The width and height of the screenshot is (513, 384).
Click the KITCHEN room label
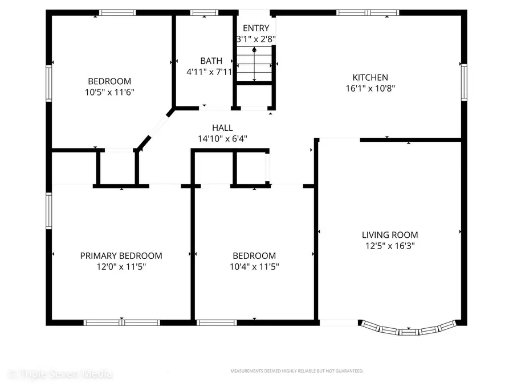(370, 77)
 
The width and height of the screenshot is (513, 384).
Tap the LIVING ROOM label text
(390, 234)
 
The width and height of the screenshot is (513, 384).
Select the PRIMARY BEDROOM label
(121, 255)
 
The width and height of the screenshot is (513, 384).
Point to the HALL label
(222, 128)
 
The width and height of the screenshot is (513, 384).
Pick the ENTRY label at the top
(256, 28)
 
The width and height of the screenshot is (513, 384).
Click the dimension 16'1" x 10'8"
(370, 88)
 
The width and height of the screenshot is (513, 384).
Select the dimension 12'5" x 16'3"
(390, 246)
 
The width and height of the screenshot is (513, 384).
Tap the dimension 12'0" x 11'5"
(121, 266)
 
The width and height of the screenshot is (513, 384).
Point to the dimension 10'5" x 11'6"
(109, 92)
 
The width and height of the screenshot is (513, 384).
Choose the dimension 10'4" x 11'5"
(254, 266)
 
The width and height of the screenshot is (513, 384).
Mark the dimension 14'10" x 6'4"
(222, 138)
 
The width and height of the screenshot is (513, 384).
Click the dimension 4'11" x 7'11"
(209, 72)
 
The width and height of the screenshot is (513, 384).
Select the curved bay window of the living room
(409, 329)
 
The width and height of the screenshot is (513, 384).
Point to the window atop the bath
(201, 13)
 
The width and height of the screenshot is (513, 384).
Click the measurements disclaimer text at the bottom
(296, 371)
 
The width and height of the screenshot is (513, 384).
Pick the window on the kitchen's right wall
(464, 82)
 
